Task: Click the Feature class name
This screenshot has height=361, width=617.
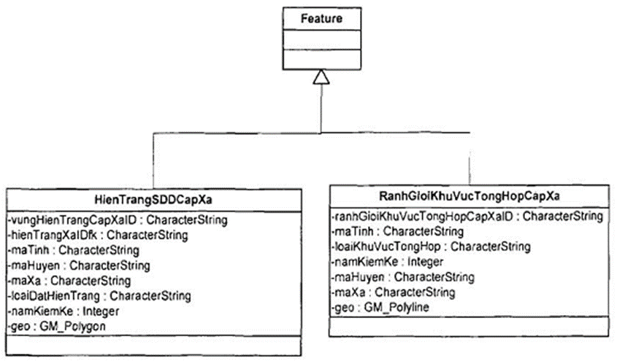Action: (321, 19)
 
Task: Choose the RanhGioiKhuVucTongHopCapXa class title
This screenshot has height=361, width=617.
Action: (470, 197)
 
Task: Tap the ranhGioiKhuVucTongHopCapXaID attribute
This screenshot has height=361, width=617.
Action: (466, 217)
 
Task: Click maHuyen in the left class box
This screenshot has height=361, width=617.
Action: (80, 265)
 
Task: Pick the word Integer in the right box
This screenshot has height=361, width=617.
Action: (425, 262)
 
